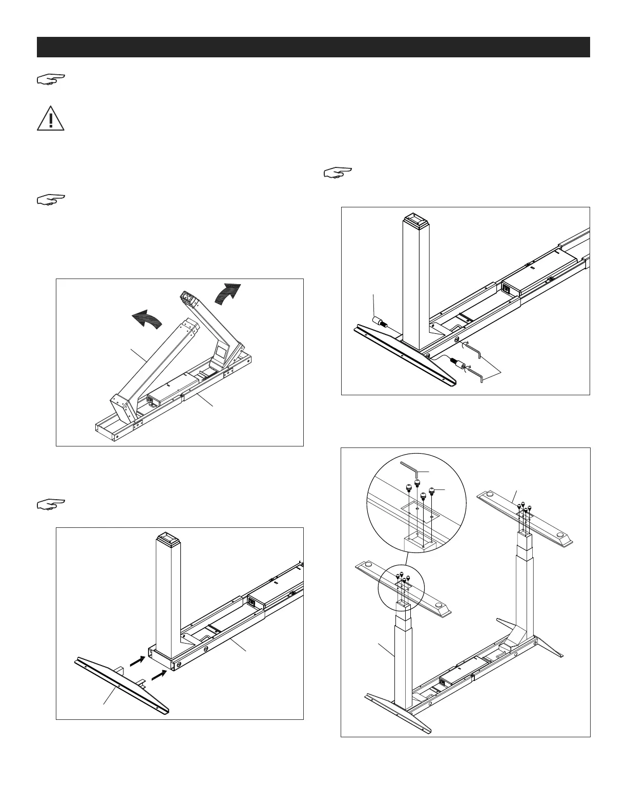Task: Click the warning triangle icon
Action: (50, 118)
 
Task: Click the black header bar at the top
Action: (313, 47)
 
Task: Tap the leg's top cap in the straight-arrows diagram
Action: (168, 539)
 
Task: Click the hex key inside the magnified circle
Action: (411, 468)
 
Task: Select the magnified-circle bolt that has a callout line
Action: (432, 492)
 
